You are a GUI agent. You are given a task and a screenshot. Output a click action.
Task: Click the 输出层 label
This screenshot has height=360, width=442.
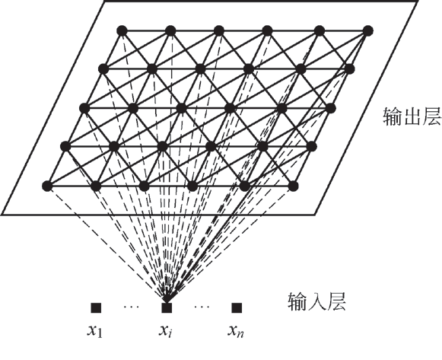coord(412,116)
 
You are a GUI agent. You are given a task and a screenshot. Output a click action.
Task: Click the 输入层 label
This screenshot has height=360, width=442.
coord(316,301)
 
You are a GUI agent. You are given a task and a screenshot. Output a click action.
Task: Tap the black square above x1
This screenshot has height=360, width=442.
coord(96,307)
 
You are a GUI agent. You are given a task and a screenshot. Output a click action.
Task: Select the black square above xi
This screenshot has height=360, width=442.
coord(167,307)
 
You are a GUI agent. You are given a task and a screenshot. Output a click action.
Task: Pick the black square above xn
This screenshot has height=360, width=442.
coord(237,307)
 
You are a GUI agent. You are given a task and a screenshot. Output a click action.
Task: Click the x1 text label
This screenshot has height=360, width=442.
coord(95,330)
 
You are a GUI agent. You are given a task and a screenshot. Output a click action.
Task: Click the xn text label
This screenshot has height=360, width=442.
coord(236,330)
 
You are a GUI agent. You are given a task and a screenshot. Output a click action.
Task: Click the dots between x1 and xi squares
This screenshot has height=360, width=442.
coord(132,306)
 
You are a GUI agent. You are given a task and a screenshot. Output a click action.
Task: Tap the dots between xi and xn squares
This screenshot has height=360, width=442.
coord(202,306)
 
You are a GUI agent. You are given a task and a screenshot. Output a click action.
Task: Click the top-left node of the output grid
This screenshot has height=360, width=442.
coord(122,30)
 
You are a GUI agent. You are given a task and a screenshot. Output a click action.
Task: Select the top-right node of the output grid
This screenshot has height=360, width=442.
coord(368,30)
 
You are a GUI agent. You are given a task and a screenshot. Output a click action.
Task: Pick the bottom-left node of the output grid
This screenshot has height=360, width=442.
coord(47,186)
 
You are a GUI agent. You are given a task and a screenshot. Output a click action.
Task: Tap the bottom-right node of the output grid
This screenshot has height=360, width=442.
coord(293,186)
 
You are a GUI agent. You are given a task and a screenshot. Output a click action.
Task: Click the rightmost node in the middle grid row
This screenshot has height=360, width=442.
coord(331,108)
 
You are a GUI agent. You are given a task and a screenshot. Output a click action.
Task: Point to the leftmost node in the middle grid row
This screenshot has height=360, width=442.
coord(84,108)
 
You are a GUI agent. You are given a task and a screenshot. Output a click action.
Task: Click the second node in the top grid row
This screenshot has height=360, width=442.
coord(170,30)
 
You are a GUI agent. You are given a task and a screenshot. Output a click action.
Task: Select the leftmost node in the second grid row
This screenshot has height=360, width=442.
coord(103,68)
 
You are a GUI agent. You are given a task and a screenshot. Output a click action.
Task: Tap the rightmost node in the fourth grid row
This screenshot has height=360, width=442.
coord(312,147)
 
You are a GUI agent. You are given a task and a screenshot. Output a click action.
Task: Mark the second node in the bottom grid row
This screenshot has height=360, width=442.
coord(96,186)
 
